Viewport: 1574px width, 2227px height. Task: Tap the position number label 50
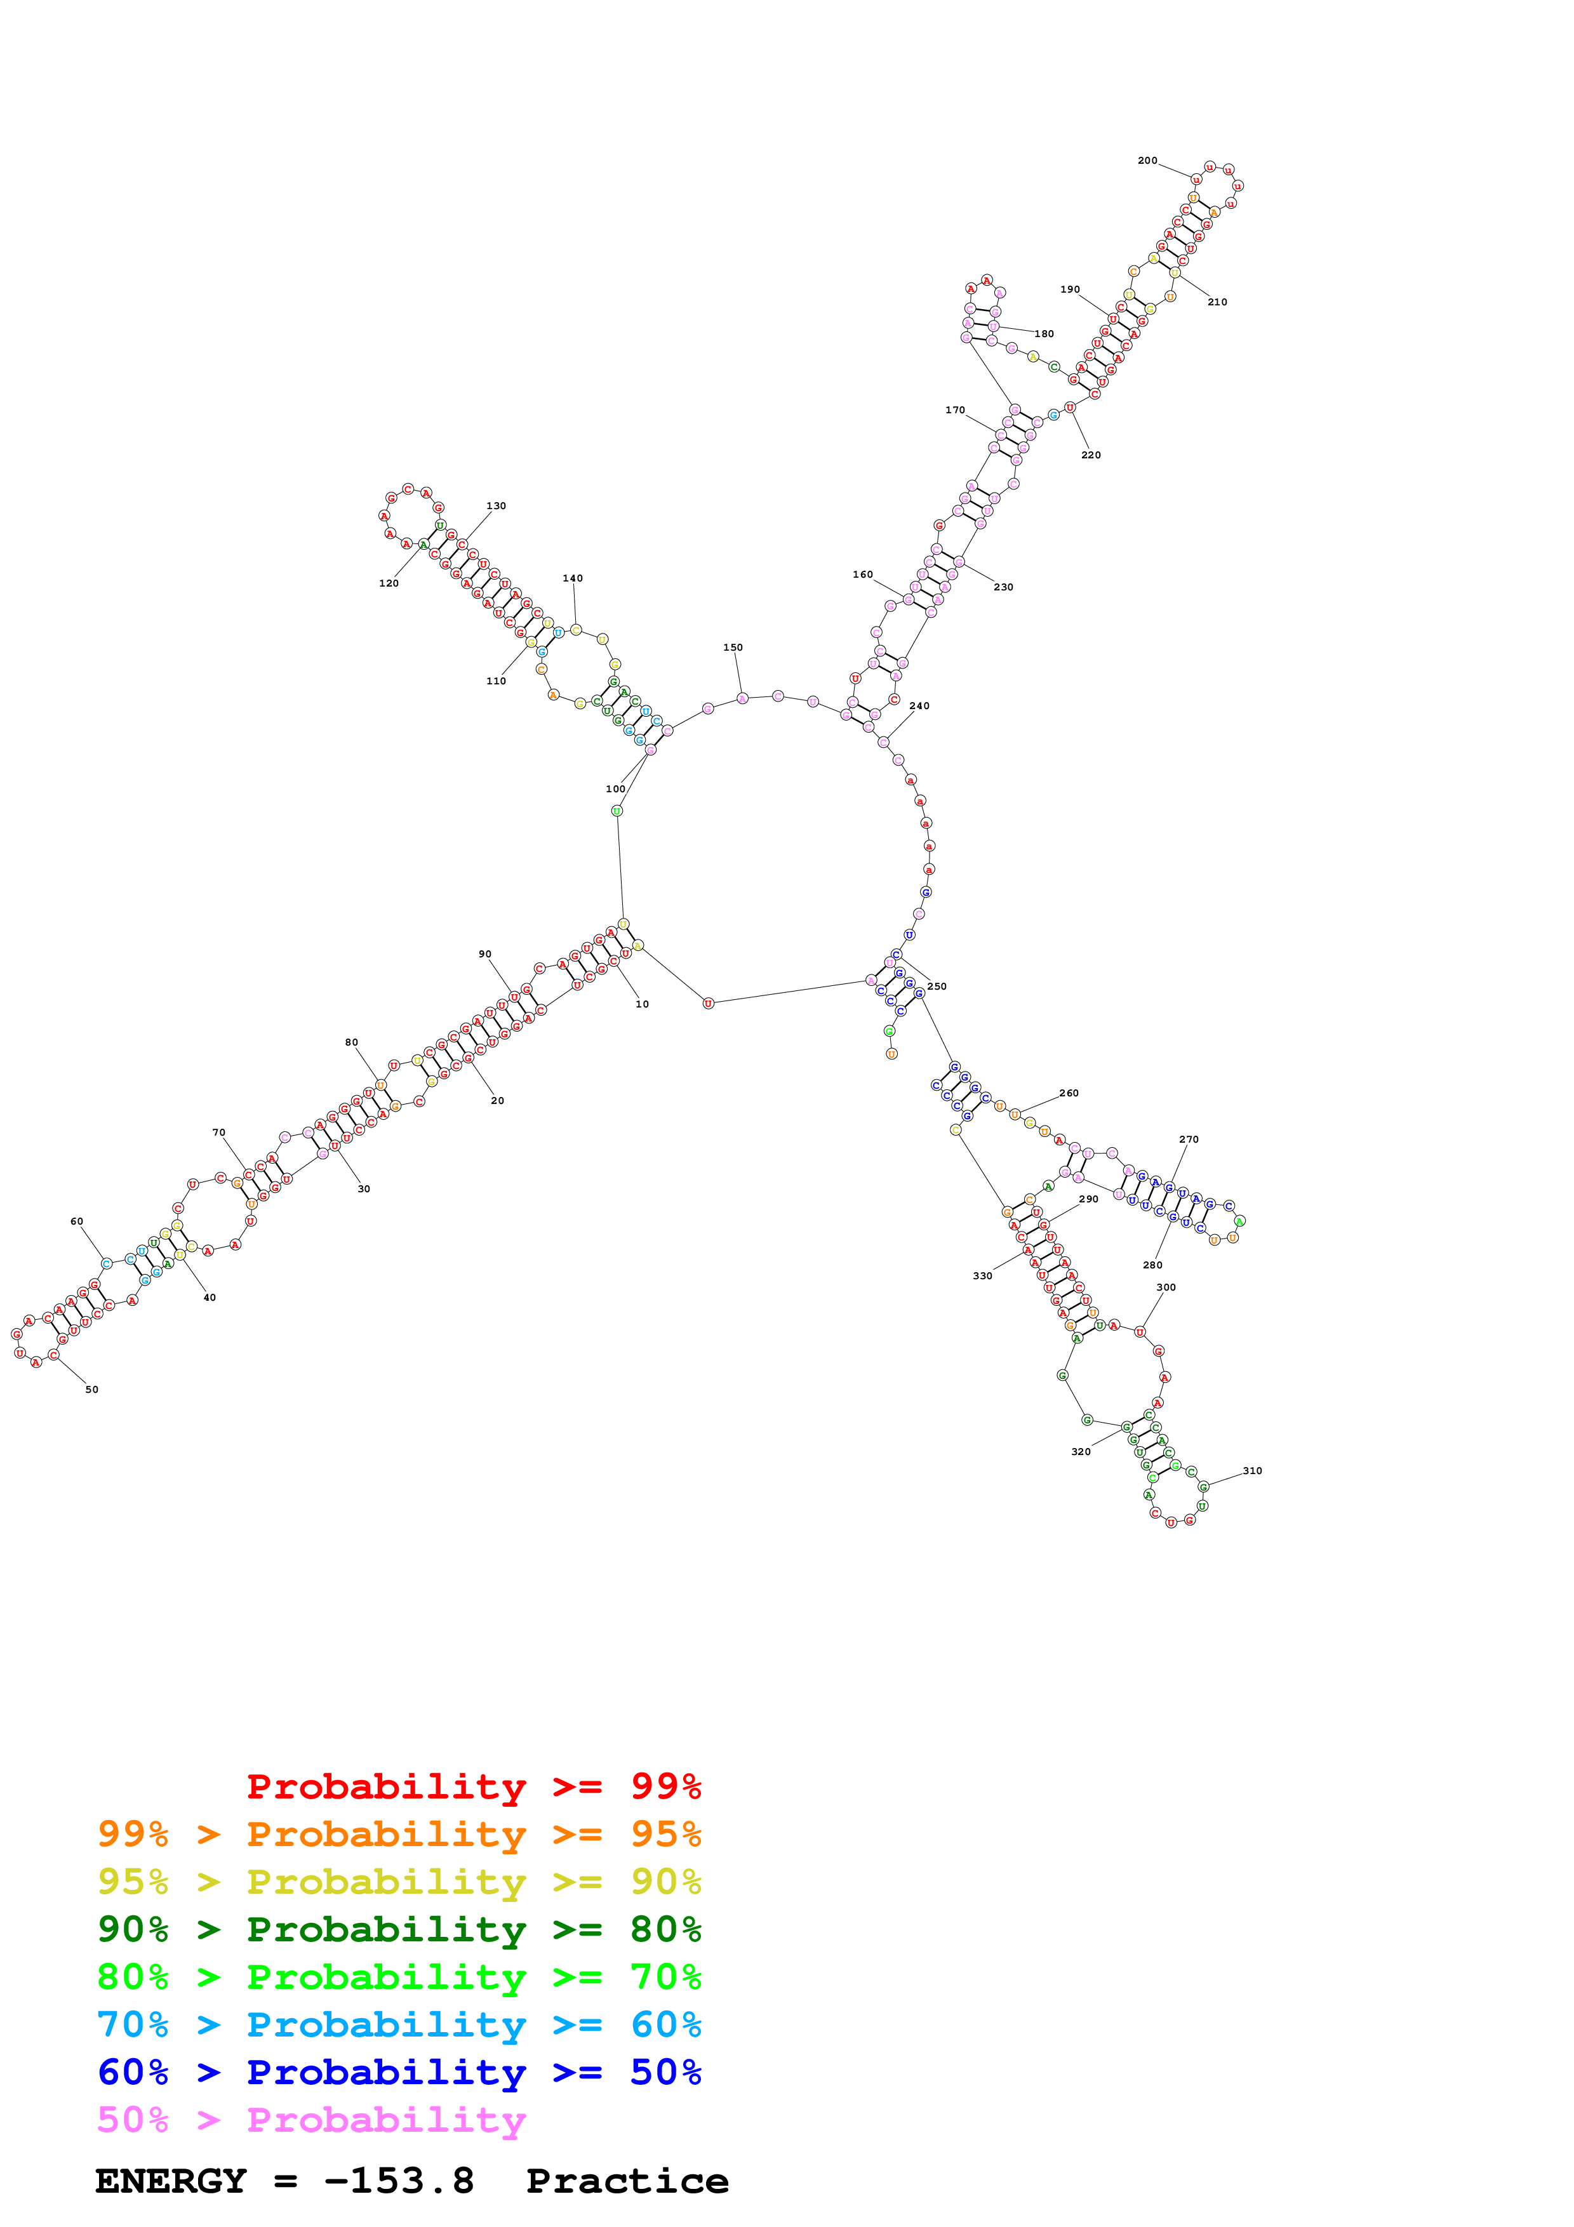click(x=92, y=1390)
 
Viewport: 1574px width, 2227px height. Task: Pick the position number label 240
click(x=919, y=706)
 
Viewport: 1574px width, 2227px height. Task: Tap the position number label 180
click(x=1044, y=334)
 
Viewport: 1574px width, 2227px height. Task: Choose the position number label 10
click(x=642, y=1004)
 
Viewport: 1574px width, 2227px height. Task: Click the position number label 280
click(x=1152, y=1265)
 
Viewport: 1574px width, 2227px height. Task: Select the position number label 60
click(x=77, y=1221)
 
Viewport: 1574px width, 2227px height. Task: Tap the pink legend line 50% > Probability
click(x=310, y=2120)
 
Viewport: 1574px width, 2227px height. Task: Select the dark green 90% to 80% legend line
click(x=399, y=1929)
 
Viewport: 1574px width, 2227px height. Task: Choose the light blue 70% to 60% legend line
click(x=399, y=2025)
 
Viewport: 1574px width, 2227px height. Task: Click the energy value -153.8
click(x=399, y=2181)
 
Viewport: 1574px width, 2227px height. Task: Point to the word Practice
click(x=627, y=2181)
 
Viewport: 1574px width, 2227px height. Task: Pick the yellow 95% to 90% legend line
click(x=399, y=1882)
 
